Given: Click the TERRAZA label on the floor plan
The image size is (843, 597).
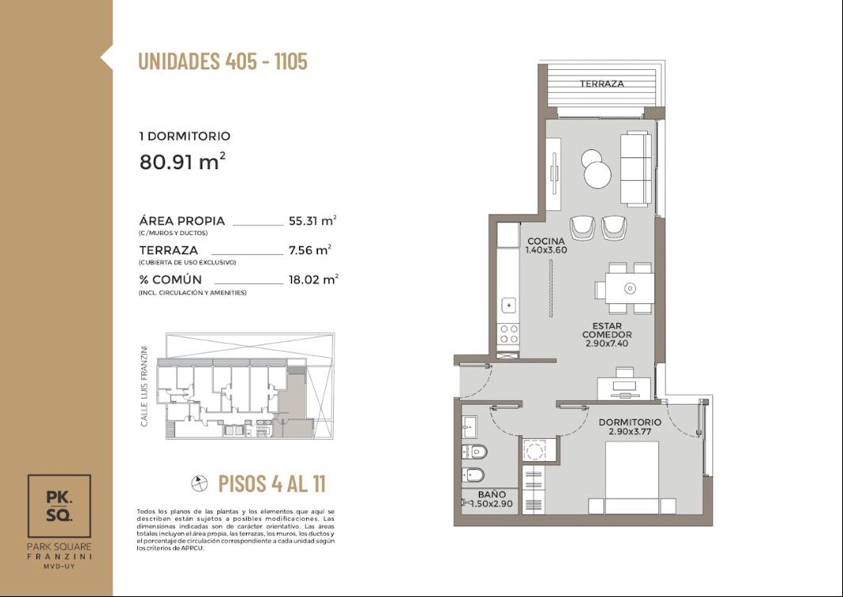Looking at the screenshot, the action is pos(602,84).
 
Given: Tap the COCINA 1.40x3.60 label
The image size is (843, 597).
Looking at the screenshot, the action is pos(546,245).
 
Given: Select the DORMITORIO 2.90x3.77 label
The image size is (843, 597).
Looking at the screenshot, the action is pos(630,427).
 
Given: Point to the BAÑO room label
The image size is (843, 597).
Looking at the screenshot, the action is pos(492,494).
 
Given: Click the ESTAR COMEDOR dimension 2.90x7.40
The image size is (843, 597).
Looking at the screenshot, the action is pos(607,344).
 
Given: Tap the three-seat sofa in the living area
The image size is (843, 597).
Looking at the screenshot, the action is pos(636,168).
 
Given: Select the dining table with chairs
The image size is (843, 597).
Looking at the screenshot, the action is pos(624,288).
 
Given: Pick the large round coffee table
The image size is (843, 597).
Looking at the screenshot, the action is pos(598,175).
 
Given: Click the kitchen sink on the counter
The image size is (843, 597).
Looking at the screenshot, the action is pos(508,305).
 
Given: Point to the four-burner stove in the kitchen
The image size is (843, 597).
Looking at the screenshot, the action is pos(508,333).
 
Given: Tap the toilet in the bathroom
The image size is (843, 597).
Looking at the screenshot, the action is pos(474,452).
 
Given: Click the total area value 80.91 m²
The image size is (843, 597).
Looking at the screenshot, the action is pos(182,161).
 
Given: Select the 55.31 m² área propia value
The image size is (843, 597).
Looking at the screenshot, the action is pos(312,221).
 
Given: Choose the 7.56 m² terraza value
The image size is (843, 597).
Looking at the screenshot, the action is pos(309,250).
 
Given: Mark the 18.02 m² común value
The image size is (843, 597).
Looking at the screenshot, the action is pos(313,280).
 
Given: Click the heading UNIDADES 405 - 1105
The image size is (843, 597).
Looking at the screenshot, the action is pos(223,61).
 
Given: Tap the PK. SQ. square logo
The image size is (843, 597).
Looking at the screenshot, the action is pos(59,506).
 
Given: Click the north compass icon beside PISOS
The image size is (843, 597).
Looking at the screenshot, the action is pos(200,484).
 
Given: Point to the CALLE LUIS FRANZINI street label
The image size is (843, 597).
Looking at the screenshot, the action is pos(144,386).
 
